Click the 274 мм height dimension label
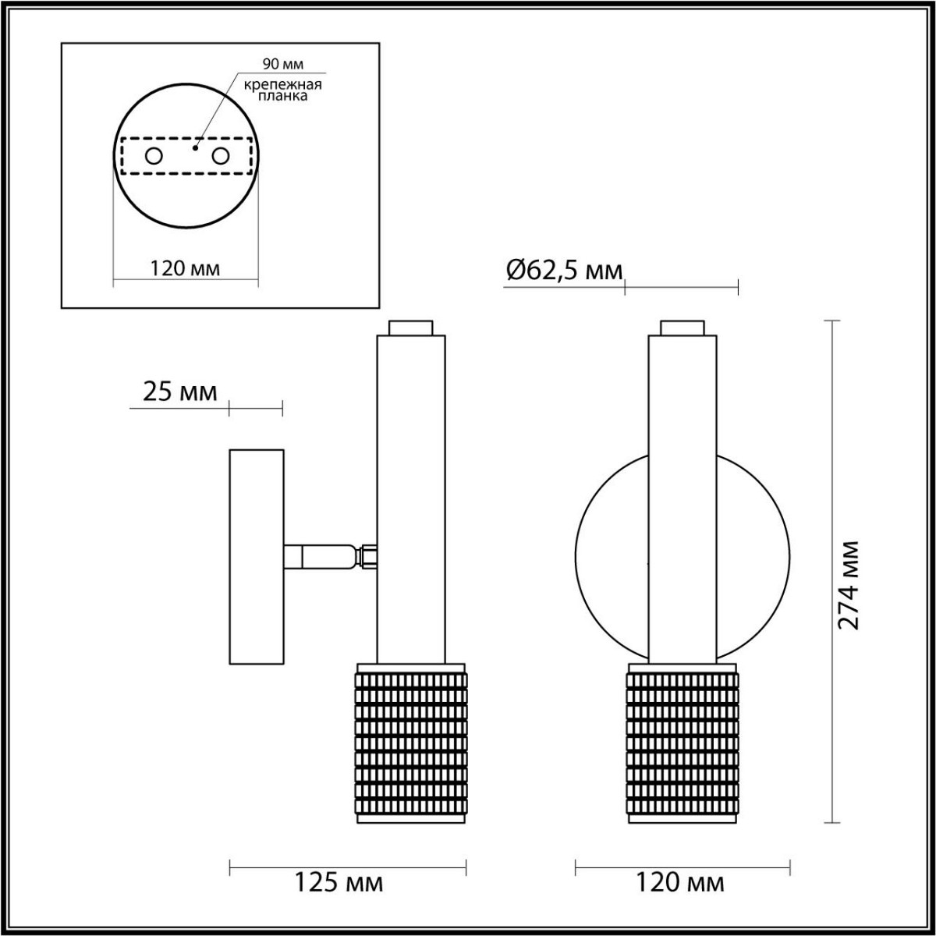click(848, 584)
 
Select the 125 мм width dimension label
click(339, 883)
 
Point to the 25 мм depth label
click(180, 392)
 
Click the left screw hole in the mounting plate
click(154, 156)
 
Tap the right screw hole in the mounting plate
click(220, 156)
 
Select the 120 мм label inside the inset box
click(185, 268)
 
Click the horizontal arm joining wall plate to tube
click(320, 557)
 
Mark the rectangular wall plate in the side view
click(256, 557)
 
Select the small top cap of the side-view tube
click(411, 328)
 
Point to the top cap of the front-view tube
click(682, 328)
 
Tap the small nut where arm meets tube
click(367, 557)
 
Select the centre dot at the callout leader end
click(195, 145)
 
